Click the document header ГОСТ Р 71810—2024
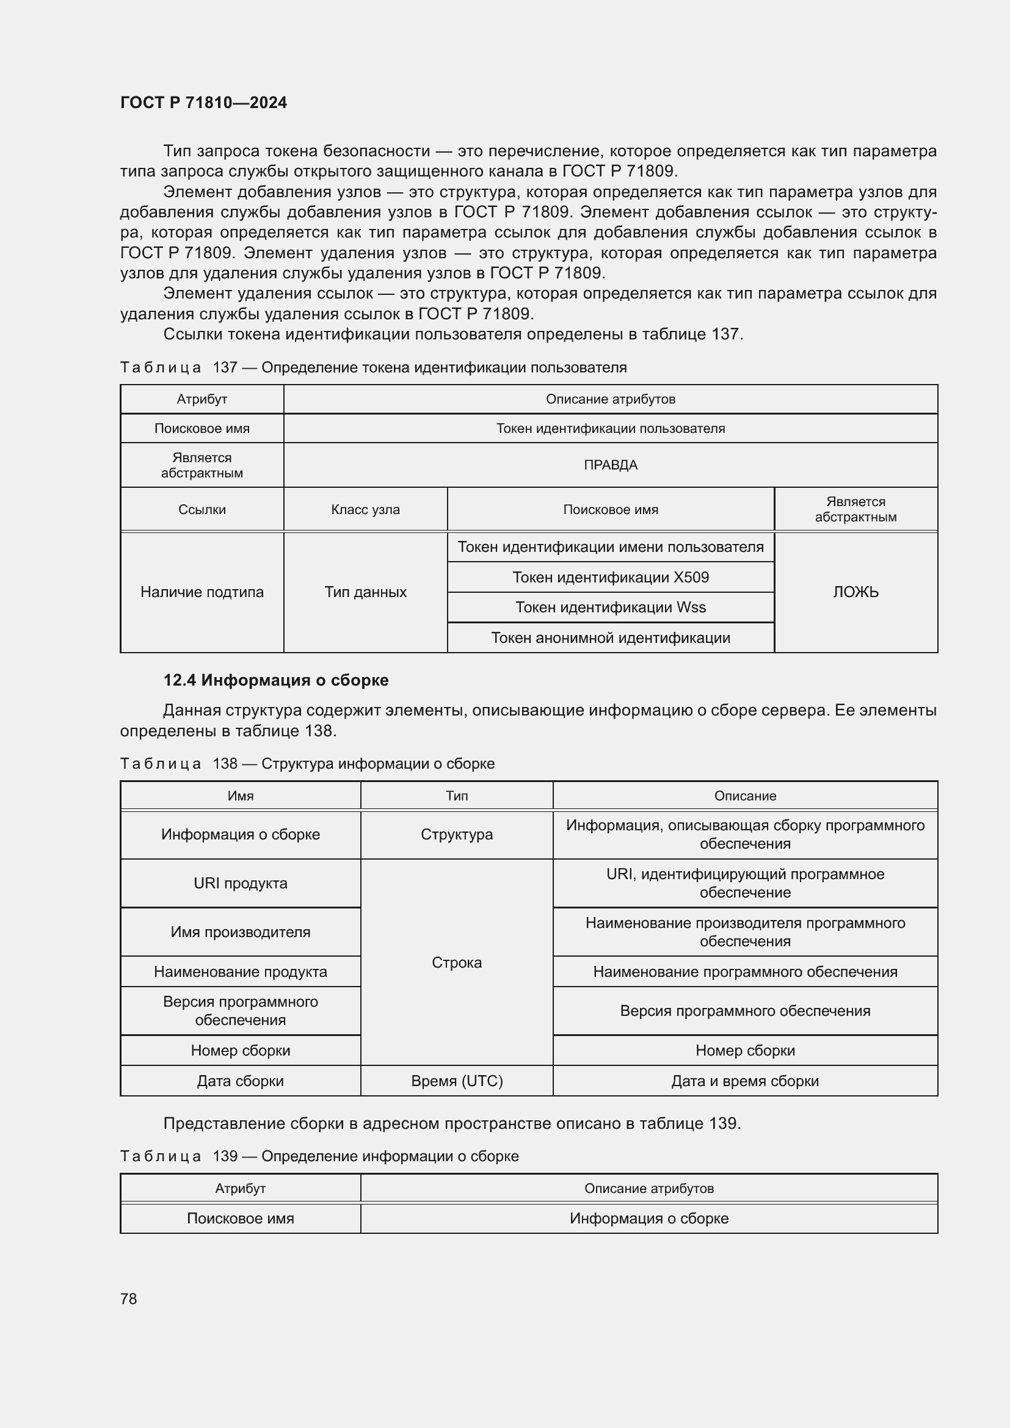click(203, 103)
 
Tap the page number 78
click(129, 1299)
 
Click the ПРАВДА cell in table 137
click(610, 465)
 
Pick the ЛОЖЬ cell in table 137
click(855, 592)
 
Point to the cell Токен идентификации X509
click(610, 577)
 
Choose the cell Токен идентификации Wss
click(610, 607)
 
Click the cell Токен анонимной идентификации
click(610, 637)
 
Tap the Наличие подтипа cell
click(202, 592)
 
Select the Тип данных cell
click(365, 592)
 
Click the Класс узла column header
click(365, 509)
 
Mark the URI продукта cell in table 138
click(240, 883)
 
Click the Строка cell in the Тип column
click(457, 962)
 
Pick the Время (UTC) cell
click(457, 1081)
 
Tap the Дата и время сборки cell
click(744, 1081)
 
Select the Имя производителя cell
click(240, 932)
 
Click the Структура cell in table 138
click(457, 834)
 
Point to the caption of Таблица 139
click(319, 1156)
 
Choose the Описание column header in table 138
click(744, 796)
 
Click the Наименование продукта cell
click(240, 971)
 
